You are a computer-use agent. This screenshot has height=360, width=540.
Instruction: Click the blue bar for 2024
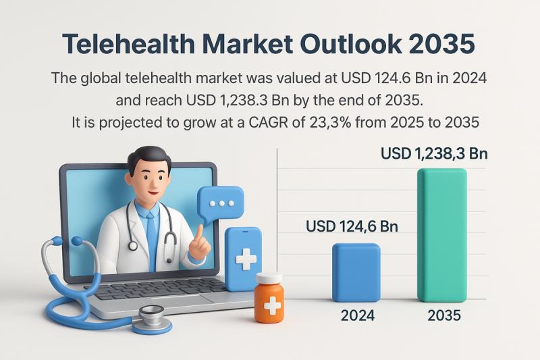[x=356, y=272]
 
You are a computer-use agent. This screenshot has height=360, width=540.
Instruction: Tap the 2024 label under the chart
[x=357, y=315]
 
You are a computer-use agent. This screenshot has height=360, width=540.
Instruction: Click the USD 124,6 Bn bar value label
[x=352, y=226]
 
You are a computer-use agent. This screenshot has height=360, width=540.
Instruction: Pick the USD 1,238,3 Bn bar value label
[x=434, y=154]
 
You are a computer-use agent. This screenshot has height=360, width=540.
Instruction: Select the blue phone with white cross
[x=243, y=258]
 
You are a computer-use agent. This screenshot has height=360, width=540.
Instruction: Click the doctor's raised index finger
[x=200, y=231]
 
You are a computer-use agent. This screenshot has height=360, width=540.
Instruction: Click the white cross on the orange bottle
[x=271, y=305]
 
